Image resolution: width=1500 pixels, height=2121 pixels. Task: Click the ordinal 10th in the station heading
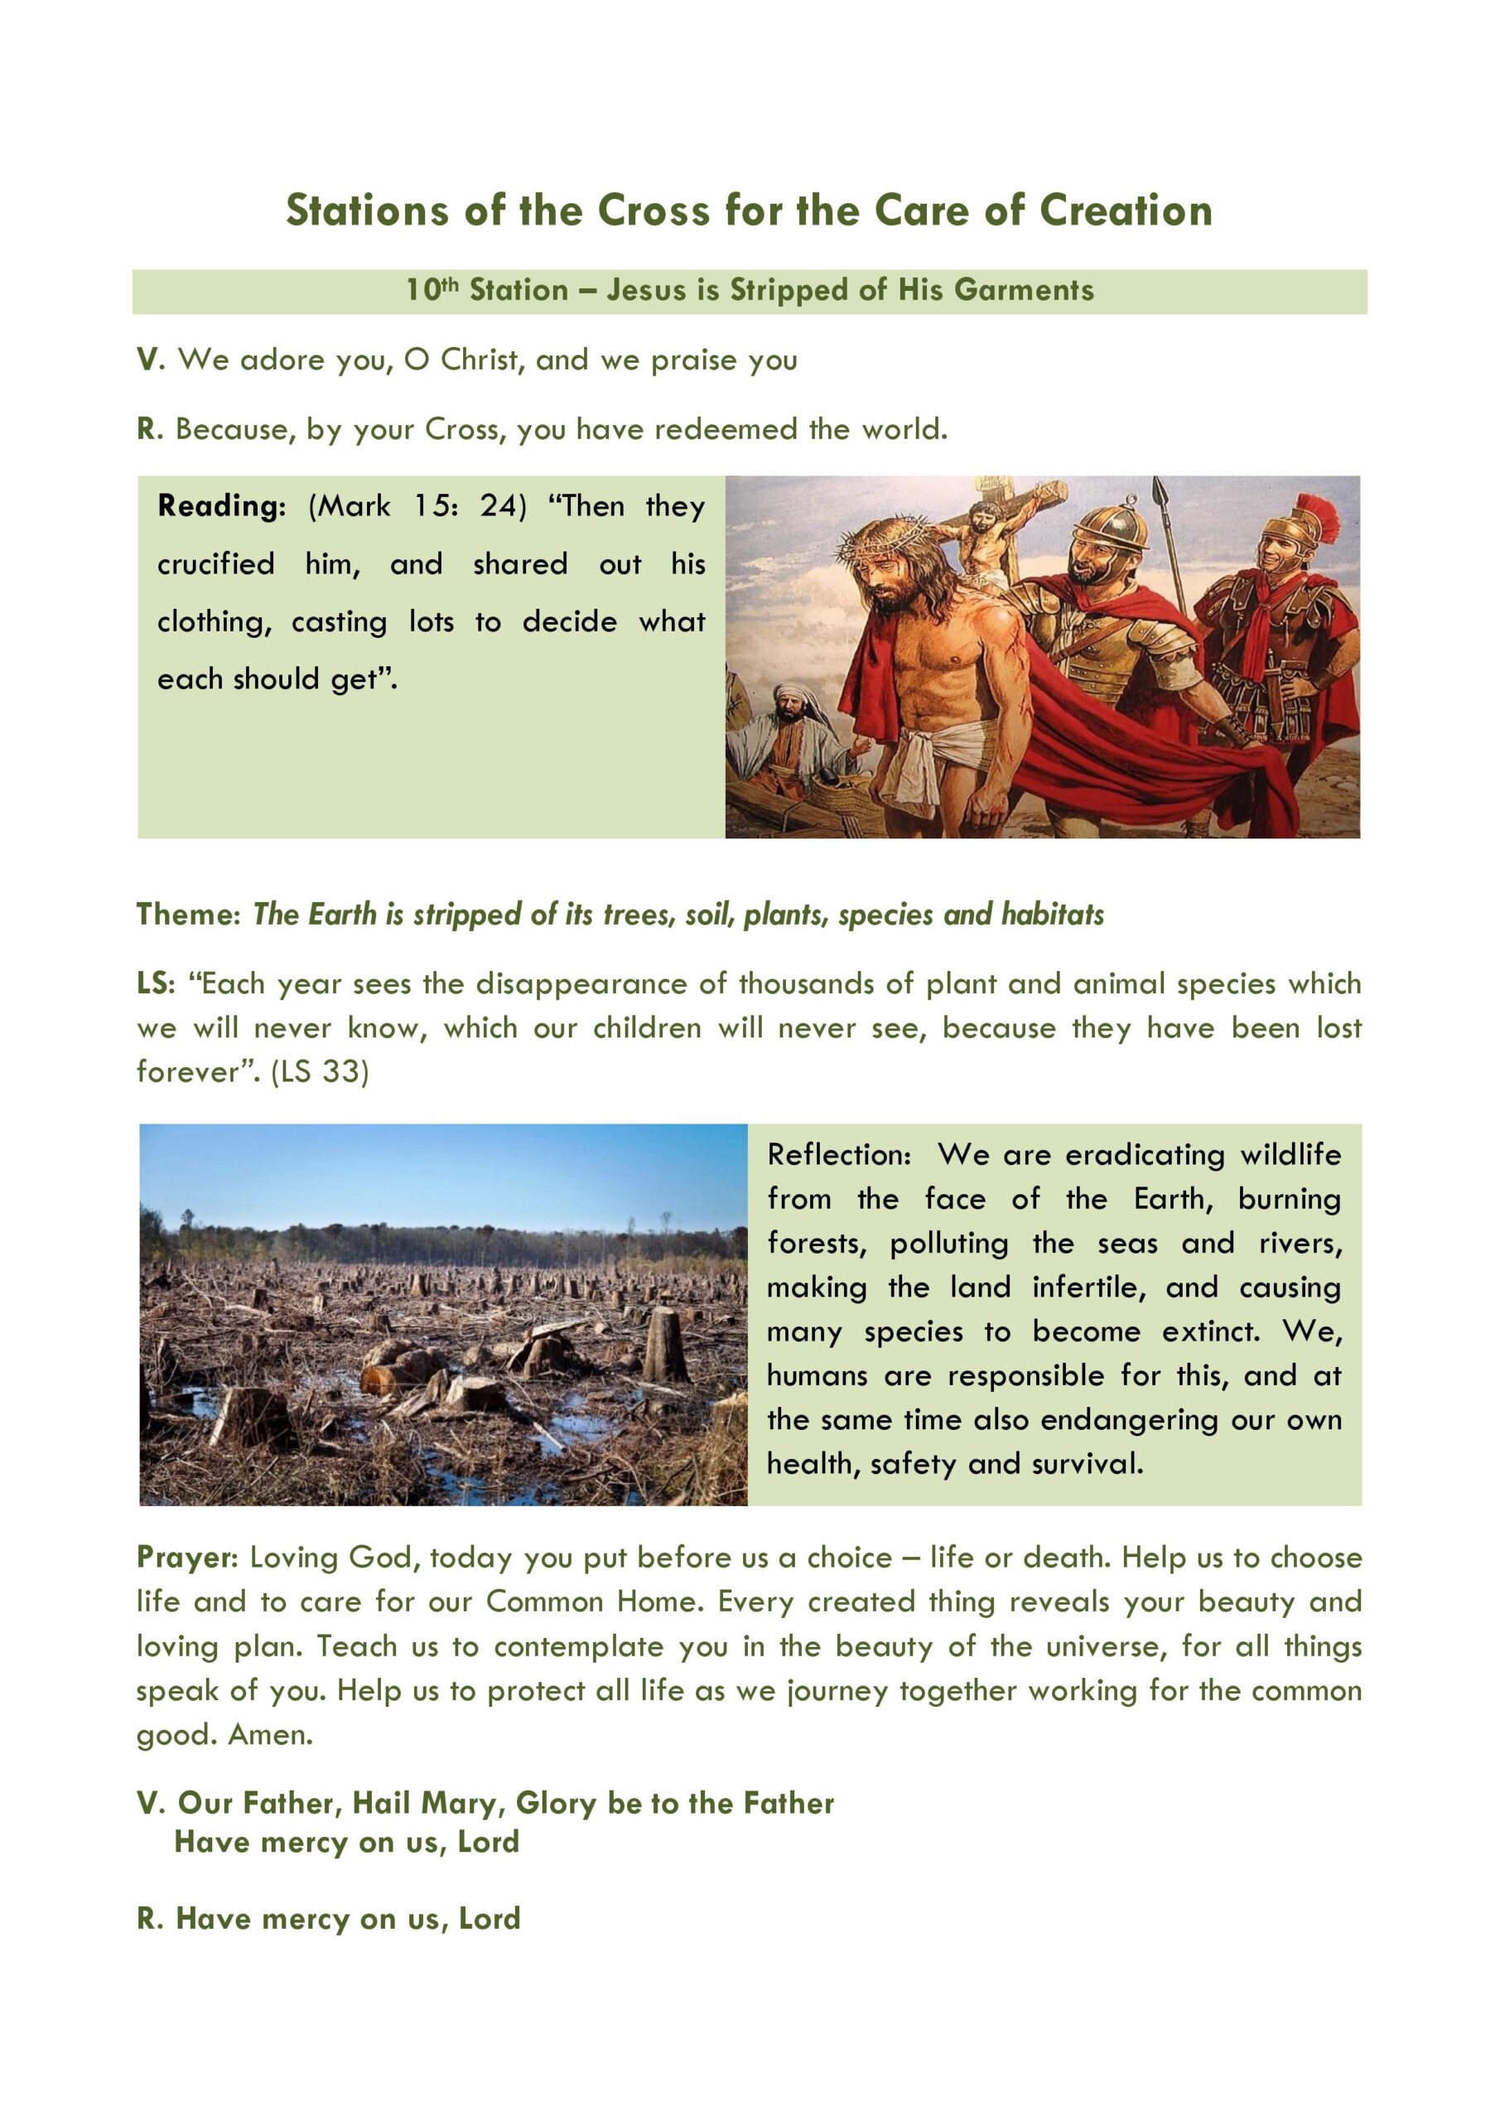(432, 290)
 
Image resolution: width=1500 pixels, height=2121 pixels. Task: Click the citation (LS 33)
(320, 1071)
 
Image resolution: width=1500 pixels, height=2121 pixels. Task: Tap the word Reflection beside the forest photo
(839, 1155)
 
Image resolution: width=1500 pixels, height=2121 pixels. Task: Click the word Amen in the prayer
(269, 1735)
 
